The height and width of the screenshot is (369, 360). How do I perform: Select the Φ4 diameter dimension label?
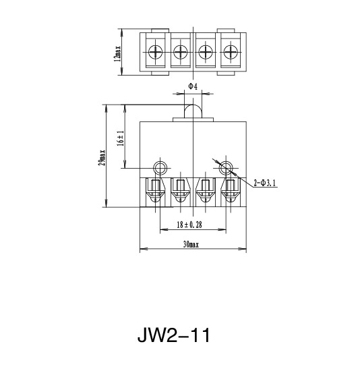192,86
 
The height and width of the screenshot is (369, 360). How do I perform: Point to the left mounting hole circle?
160,167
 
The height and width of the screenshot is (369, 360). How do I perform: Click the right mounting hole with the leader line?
226,167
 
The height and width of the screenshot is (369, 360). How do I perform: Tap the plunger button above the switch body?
193,109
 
